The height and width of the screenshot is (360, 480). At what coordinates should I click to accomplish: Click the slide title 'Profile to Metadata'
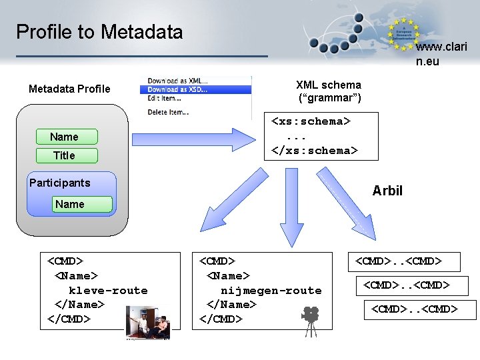coord(99,31)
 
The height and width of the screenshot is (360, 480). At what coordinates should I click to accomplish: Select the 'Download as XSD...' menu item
coord(177,89)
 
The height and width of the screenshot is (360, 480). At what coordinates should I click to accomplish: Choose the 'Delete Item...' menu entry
coord(168,112)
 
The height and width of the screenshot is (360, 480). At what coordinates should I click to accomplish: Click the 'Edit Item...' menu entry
coord(165,98)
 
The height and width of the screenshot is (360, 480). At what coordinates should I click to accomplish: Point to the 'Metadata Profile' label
coord(69,89)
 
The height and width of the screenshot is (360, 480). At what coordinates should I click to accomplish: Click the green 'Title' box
coord(64,155)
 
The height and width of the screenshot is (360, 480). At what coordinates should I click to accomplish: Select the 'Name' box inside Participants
coord(70,204)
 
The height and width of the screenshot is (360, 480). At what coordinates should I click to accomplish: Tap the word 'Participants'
coord(59,183)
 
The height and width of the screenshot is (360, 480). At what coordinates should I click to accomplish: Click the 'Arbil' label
coord(387,191)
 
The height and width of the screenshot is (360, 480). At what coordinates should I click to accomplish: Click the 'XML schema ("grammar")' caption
coord(329,91)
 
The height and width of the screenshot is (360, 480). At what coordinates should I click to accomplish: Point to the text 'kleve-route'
coord(108,291)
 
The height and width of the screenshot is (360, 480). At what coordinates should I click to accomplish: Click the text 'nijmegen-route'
coord(271,291)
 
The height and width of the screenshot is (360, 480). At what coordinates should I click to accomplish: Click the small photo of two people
coord(148,323)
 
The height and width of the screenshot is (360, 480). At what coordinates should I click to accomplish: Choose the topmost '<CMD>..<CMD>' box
coord(399,261)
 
